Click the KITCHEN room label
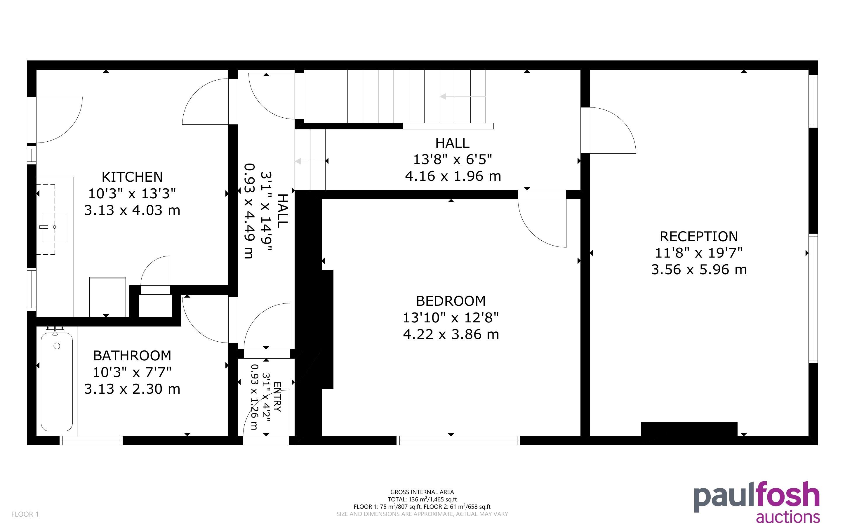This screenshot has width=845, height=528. click(x=132, y=177)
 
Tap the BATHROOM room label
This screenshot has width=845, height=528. click(x=132, y=356)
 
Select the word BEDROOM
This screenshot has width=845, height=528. click(x=451, y=301)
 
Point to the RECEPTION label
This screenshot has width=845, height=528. click(x=699, y=237)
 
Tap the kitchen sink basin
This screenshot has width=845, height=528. click(x=54, y=227)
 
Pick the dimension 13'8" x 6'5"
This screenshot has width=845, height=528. click(x=452, y=159)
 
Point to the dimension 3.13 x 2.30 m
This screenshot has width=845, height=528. click(x=132, y=389)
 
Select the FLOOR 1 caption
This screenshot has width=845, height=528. click(x=25, y=514)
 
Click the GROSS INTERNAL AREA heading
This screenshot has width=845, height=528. click(x=422, y=492)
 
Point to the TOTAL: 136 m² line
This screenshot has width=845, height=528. click(x=422, y=499)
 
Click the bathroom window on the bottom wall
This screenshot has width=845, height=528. click(x=91, y=441)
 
